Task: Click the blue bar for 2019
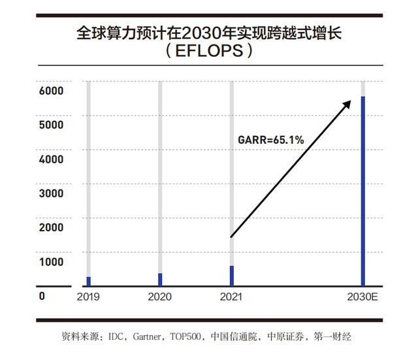click(88, 281)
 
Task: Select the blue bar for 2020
click(160, 280)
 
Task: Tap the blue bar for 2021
click(231, 276)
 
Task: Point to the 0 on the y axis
click(42, 296)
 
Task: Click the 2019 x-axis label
click(88, 297)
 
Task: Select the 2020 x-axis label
click(160, 297)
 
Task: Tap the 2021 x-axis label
click(231, 297)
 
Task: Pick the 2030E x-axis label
click(363, 297)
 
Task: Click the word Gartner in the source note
click(148, 337)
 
